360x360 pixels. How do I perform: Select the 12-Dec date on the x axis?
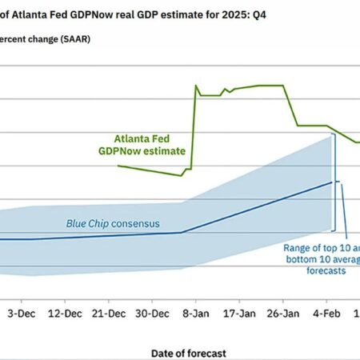click(64, 314)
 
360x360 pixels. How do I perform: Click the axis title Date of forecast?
click(188, 352)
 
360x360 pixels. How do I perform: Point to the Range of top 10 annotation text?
click(321, 248)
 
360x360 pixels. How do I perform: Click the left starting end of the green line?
click(118, 166)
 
